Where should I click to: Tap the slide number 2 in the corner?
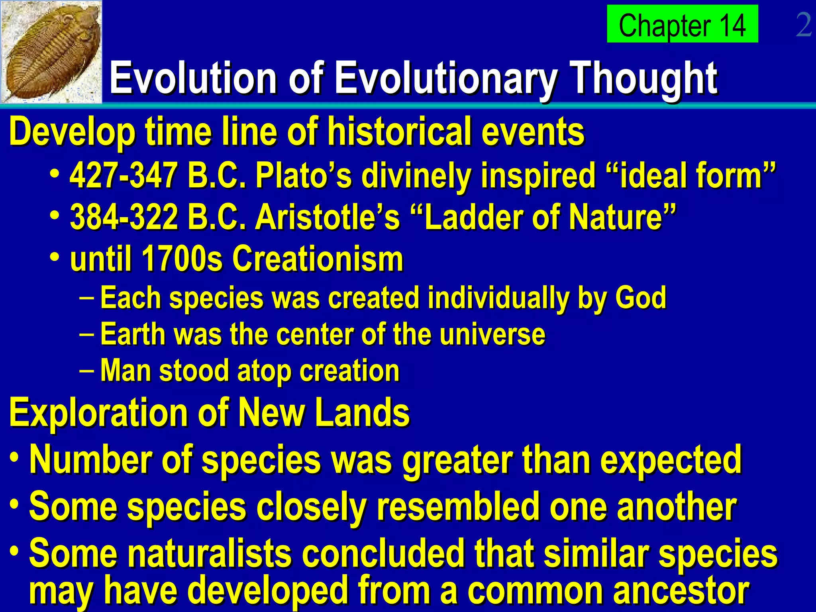coord(804,25)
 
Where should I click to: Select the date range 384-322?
coord(124,218)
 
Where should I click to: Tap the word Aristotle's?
coord(327,218)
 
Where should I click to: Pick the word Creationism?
coord(318,259)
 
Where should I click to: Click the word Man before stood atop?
coord(126,371)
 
